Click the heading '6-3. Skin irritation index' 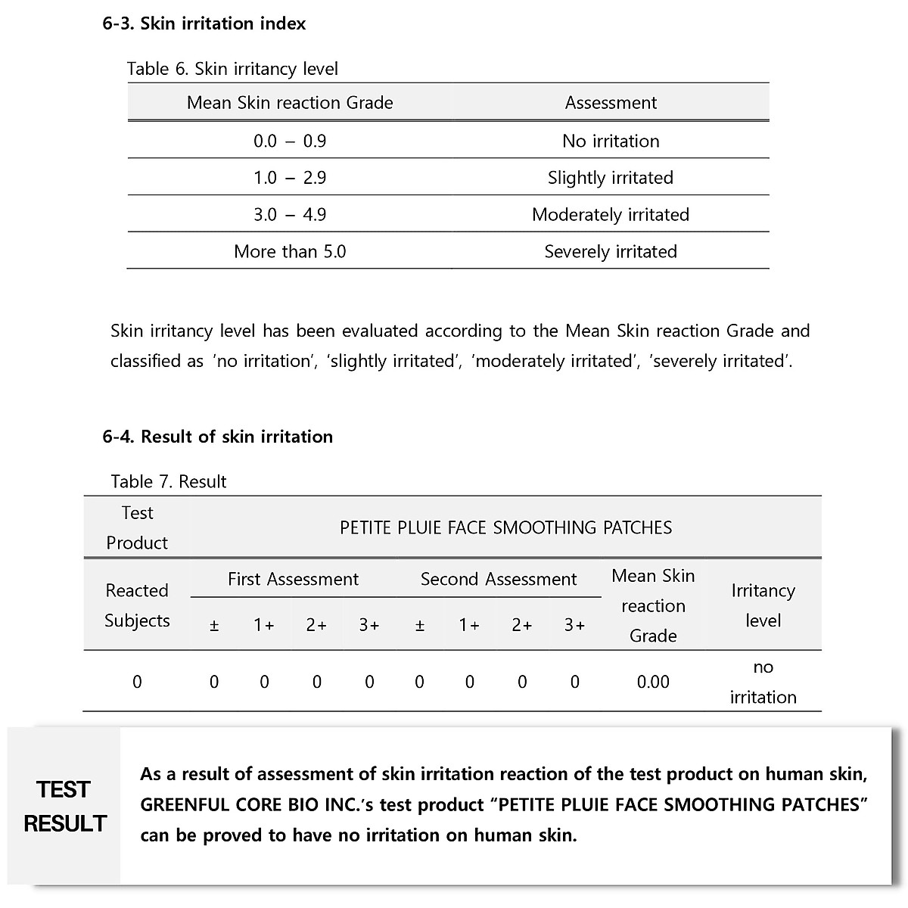(x=204, y=23)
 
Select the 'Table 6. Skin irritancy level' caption (x=232, y=69)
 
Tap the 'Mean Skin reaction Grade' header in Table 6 (x=290, y=103)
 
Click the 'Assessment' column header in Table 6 (x=611, y=103)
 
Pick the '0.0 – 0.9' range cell (x=290, y=141)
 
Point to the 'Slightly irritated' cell (x=611, y=178)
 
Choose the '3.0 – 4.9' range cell (x=290, y=215)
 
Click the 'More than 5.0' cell (x=290, y=252)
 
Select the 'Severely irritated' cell (x=611, y=252)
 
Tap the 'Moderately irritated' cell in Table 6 (x=611, y=215)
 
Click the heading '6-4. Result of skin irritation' (x=218, y=437)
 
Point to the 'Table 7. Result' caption (x=169, y=482)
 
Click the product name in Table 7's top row (x=505, y=527)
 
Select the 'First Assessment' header (x=293, y=580)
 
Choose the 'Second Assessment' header (x=499, y=580)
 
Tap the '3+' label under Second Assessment (x=574, y=625)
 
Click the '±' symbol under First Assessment (x=214, y=625)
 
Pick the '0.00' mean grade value (x=653, y=682)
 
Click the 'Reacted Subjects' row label (x=137, y=605)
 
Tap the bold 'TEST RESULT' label (x=65, y=806)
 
